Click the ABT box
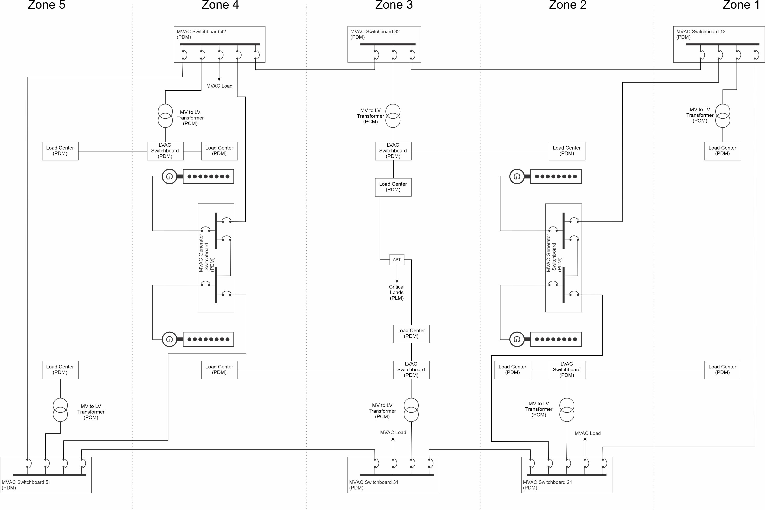click(x=397, y=260)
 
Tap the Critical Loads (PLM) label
click(x=397, y=292)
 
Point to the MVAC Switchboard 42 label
click(x=201, y=34)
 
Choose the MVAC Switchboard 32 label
click(x=375, y=34)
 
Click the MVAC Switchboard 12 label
click(x=701, y=34)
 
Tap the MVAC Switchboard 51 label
click(x=26, y=485)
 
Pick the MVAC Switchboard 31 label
click(x=374, y=485)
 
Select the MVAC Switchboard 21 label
click(x=547, y=485)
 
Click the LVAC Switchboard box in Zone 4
click(x=165, y=151)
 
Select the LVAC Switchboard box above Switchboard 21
click(x=567, y=370)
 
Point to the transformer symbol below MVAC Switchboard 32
click(x=393, y=116)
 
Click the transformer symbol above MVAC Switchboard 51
click(x=60, y=410)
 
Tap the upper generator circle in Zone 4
click(x=169, y=177)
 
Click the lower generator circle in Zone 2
click(x=517, y=339)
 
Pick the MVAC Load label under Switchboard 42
click(x=219, y=86)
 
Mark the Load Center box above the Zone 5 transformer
click(x=60, y=370)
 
